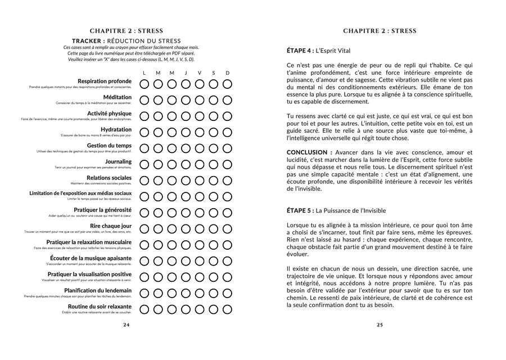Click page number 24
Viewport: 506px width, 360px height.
coord(126,325)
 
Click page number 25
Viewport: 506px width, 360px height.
coord(379,325)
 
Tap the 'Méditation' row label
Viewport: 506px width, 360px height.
coord(117,97)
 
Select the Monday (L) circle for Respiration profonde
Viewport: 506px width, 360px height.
coord(144,84)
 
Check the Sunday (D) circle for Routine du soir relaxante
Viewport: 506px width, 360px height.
coord(227,309)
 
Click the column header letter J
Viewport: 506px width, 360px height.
coord(186,73)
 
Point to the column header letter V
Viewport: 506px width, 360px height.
coord(200,73)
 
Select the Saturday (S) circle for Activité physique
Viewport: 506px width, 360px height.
coord(214,116)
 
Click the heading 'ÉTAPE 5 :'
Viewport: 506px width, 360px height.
coord(300,210)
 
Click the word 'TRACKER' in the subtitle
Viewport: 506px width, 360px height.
coord(88,41)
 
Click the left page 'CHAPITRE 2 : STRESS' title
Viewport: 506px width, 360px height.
coord(126,31)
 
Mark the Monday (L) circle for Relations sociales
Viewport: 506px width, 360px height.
coord(144,181)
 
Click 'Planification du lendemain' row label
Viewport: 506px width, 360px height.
coord(98,290)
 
